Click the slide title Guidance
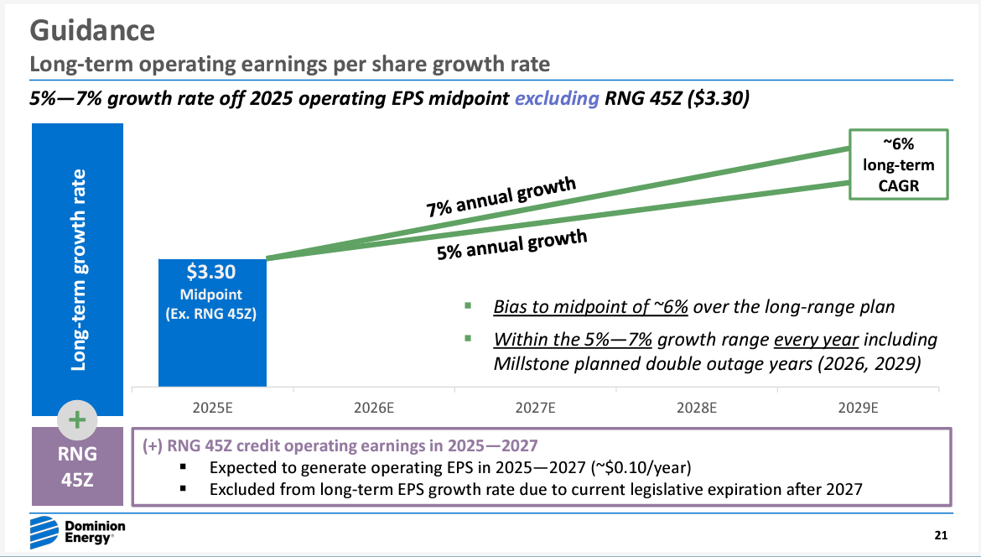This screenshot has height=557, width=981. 92,30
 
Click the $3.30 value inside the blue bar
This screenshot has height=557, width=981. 212,272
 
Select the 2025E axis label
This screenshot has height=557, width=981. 212,409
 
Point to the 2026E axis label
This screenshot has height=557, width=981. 374,409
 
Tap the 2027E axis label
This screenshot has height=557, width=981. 536,409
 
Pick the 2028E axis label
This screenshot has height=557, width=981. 697,409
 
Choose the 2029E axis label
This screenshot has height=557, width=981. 858,409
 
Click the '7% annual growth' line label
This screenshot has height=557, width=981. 501,197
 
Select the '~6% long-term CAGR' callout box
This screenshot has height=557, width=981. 899,164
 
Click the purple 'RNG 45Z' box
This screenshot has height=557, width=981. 77,467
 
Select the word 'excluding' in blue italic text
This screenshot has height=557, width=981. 556,98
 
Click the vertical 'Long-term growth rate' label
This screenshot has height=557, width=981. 78,268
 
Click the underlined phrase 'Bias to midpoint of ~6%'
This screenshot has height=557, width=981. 590,306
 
